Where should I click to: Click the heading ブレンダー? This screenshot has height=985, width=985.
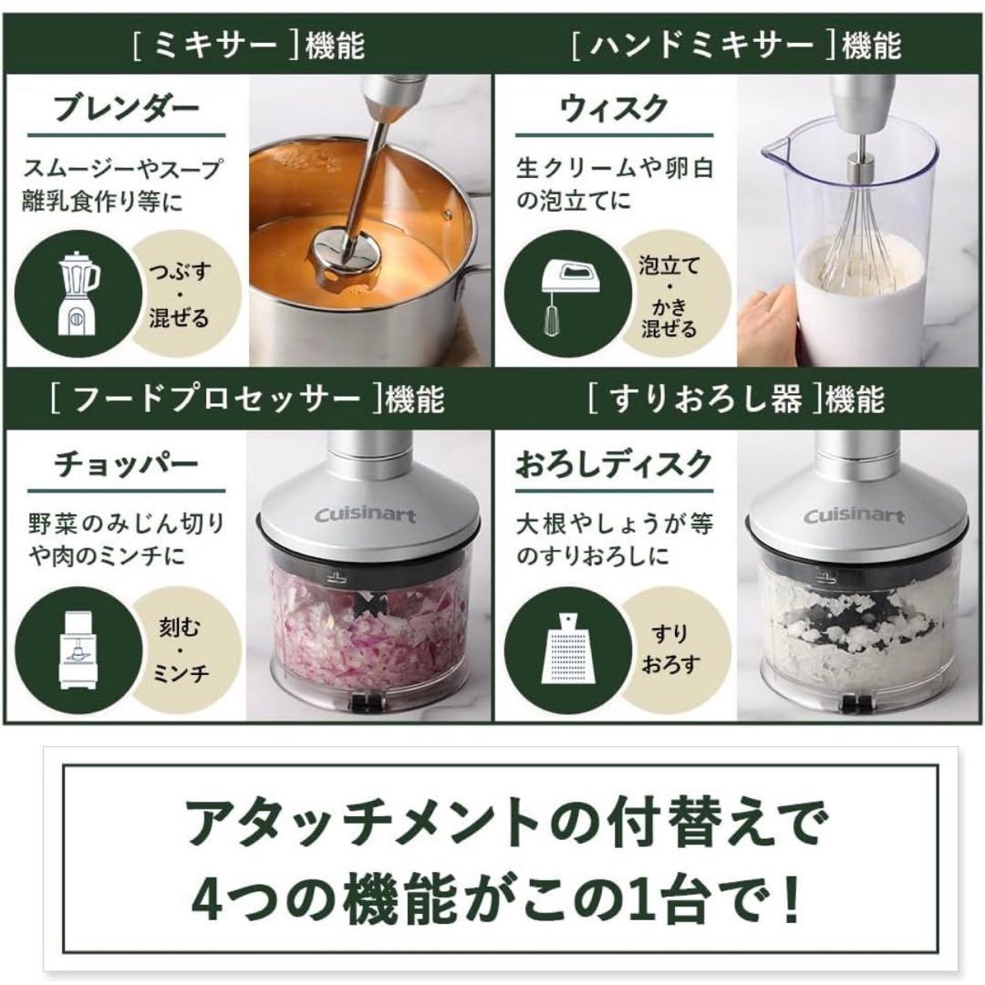(126, 108)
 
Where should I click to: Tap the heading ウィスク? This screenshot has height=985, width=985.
(614, 108)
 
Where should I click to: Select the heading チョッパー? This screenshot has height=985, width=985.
(126, 464)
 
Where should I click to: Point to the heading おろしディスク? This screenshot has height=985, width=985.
(614, 464)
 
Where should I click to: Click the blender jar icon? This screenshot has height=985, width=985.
(78, 293)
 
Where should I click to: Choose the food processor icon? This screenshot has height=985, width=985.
(78, 649)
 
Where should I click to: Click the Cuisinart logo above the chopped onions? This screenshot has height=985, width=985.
(365, 515)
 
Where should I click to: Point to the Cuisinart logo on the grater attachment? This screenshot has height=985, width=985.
(855, 515)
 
